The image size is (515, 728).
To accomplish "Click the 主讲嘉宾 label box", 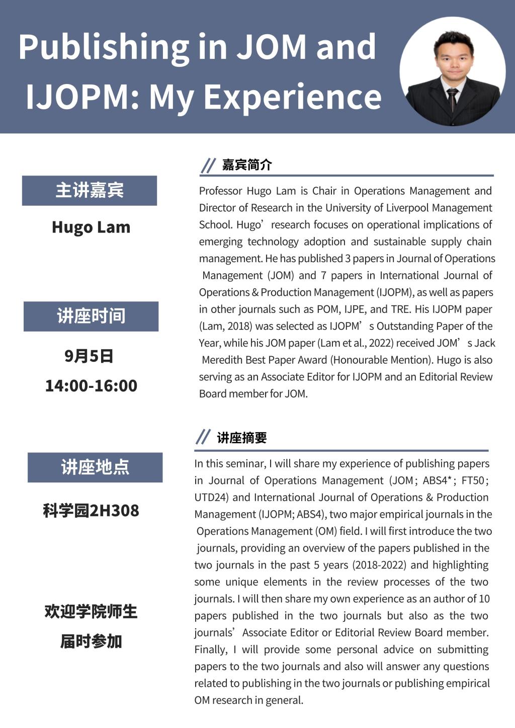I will click(x=90, y=191).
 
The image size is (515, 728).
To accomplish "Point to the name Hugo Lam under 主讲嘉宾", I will click(x=91, y=227).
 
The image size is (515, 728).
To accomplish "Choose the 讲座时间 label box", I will click(x=91, y=316).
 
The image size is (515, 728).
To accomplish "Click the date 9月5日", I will click(x=89, y=356).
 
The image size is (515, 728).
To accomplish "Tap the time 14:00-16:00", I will click(x=91, y=386).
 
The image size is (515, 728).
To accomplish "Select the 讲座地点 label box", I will click(x=95, y=467).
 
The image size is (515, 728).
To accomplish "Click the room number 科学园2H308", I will click(x=91, y=511).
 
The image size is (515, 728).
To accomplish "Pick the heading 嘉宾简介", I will click(x=247, y=165).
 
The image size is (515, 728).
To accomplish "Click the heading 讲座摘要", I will click(x=242, y=438).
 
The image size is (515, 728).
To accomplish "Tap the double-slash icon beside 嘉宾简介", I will click(x=208, y=165).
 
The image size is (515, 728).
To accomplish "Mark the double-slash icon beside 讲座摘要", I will click(x=203, y=437).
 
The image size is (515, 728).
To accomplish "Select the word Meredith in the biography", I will click(x=224, y=360).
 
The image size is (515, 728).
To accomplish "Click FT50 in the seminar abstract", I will click(x=473, y=480).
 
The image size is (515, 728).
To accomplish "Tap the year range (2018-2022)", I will click(x=379, y=565).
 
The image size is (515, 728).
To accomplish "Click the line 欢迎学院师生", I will click(x=91, y=612).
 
